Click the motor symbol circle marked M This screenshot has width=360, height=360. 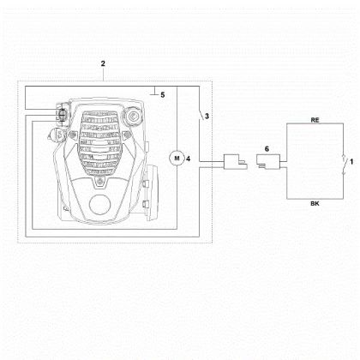pos(177,159)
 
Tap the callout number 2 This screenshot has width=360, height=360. pos(103,63)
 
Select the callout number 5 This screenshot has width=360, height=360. pos(163,95)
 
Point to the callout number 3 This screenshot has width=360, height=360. pos(207,117)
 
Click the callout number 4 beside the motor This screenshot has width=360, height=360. pos(189,159)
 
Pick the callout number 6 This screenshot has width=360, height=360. pos(267,149)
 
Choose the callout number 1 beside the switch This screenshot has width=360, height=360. pos(351,162)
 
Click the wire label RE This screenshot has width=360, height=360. pos(315,120)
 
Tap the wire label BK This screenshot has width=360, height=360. pos(315,204)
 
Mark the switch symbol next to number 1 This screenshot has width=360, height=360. pos(344,165)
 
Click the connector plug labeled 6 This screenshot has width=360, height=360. pos(268,162)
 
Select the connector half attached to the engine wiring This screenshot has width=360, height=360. pos(235,162)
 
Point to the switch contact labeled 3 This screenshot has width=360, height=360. pos(201,115)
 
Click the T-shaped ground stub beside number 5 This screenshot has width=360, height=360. pos(154,91)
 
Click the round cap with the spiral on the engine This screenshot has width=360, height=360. pos(133,117)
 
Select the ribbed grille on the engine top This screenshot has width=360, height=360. pos(99,141)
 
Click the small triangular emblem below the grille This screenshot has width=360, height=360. pos(99,181)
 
